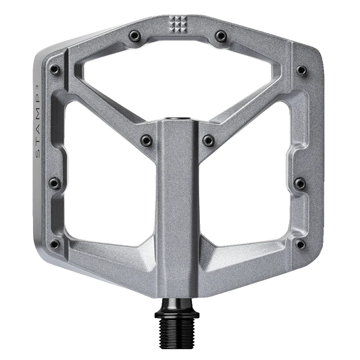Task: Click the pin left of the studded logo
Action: click(134, 36)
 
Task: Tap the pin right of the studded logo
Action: click(221, 36)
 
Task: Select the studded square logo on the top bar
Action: click(178, 24)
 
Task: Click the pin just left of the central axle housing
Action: click(147, 140)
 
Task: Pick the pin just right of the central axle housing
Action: click(209, 140)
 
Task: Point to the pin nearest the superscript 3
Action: click(55, 69)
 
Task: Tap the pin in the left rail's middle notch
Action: click(55, 183)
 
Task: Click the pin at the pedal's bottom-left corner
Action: click(55, 244)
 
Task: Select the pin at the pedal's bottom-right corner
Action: click(301, 244)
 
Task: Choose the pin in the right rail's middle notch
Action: click(300, 183)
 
